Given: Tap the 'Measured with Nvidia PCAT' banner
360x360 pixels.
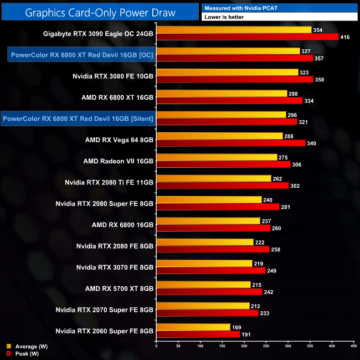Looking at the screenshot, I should tap(279, 8).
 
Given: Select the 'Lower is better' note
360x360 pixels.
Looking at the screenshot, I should tap(279, 17).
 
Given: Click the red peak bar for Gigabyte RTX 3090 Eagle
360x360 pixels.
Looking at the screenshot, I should tap(248, 37).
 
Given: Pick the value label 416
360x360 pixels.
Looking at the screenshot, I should tap(347, 37).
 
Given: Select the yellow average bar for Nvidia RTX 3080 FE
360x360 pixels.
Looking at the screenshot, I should tap(228, 73).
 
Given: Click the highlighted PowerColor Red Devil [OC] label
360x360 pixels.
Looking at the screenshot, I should tap(81, 55).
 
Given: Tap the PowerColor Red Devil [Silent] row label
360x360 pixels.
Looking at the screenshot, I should tap(78, 119).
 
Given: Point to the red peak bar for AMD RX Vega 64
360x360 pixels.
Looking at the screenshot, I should tap(231, 143).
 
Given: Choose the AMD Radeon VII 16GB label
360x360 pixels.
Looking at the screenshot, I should tap(118, 161).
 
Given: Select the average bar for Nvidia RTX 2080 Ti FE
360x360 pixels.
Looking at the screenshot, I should tap(214, 178).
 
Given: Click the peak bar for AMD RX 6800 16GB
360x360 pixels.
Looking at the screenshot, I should tap(213, 228).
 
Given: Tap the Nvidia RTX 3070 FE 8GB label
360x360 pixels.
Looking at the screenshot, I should tap(115, 267).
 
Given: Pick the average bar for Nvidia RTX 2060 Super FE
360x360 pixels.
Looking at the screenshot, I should tap(193, 327).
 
